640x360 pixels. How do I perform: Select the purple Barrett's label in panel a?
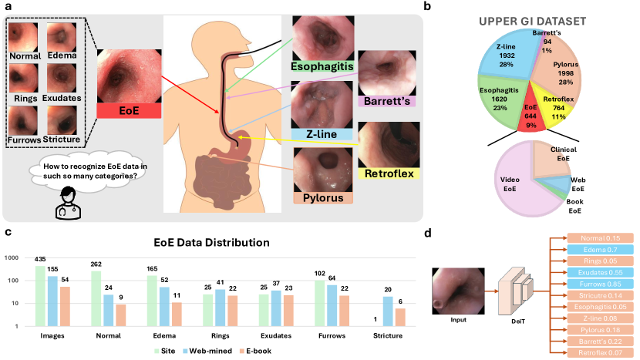tap(386, 101)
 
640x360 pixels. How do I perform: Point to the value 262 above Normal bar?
tap(96, 263)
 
